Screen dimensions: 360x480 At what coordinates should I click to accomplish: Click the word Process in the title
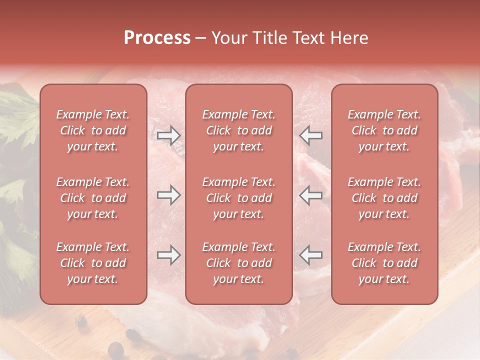pyautogui.click(x=157, y=38)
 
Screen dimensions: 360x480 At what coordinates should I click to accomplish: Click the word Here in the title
pyautogui.click(x=349, y=38)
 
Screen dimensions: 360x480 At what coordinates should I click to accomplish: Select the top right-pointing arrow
pyautogui.click(x=168, y=135)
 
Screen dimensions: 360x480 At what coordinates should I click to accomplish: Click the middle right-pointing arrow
pyautogui.click(x=168, y=195)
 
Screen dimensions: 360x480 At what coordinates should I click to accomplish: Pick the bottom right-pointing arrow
pyautogui.click(x=168, y=255)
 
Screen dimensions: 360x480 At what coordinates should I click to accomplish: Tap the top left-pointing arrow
pyautogui.click(x=311, y=135)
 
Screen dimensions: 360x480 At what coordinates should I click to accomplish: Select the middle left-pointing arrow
pyautogui.click(x=311, y=195)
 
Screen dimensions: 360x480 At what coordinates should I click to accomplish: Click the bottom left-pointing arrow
pyautogui.click(x=311, y=255)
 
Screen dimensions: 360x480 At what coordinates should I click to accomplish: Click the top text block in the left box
pyautogui.click(x=93, y=130)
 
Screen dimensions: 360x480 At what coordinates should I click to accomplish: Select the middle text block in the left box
pyautogui.click(x=93, y=198)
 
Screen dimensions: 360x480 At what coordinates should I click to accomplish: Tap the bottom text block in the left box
pyautogui.click(x=93, y=263)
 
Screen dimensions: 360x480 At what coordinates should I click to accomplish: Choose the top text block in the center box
pyautogui.click(x=238, y=130)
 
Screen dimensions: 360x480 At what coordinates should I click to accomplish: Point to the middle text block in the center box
pyautogui.click(x=238, y=198)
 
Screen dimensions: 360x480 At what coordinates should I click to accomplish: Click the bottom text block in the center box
pyautogui.click(x=238, y=263)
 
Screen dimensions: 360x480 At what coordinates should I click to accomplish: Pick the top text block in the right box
pyautogui.click(x=384, y=130)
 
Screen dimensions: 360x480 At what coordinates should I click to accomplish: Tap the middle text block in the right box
pyautogui.click(x=384, y=198)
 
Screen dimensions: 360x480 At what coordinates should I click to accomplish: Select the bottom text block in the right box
pyautogui.click(x=384, y=263)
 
